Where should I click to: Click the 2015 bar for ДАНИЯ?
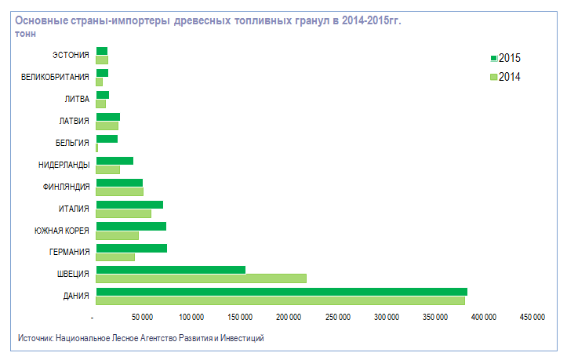281,292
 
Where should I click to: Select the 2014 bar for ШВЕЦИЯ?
201,278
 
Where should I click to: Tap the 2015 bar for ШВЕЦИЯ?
170,270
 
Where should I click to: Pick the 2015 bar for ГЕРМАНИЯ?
131,249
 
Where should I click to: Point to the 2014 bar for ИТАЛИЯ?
123,213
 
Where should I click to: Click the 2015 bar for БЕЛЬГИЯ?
107,139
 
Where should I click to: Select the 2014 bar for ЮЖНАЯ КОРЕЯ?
117,235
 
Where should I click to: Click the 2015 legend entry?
505,58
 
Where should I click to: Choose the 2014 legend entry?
505,77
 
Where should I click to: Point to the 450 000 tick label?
532,317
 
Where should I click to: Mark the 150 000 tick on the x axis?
241,317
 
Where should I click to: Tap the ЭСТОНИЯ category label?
71,56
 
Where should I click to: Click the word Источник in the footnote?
35,338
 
